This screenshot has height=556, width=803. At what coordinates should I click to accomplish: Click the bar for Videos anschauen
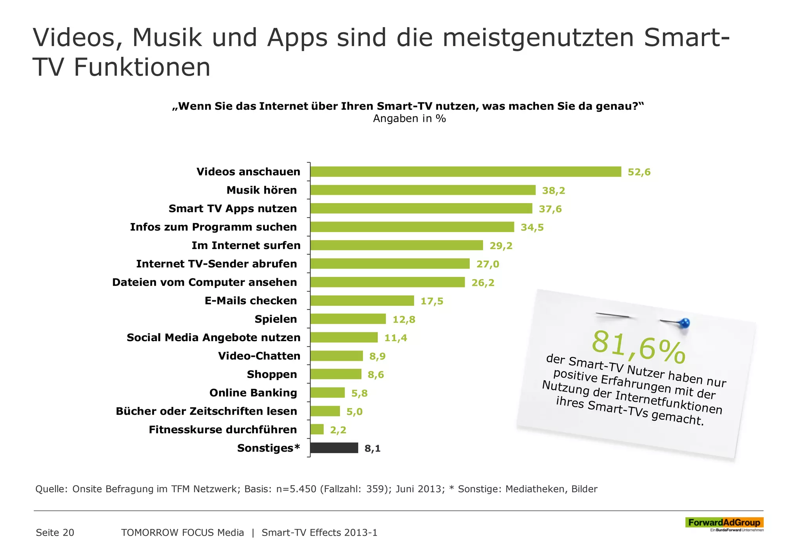(465, 172)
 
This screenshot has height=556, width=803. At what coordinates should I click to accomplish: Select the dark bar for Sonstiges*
(334, 448)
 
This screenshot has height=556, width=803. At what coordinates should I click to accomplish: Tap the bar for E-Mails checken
(362, 301)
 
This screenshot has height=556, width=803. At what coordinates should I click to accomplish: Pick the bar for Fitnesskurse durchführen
(317, 429)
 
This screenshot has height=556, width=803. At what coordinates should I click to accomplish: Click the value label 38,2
(553, 191)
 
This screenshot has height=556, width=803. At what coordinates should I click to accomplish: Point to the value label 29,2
(501, 246)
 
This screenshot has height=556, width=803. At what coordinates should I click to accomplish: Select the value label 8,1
(372, 448)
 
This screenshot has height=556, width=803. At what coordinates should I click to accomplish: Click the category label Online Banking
(253, 393)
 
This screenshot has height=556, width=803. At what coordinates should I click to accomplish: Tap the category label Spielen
(276, 319)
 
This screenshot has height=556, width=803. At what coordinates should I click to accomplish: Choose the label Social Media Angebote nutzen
(213, 338)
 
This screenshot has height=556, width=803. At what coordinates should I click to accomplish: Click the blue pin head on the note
(685, 323)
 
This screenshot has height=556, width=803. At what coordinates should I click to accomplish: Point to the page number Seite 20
(55, 532)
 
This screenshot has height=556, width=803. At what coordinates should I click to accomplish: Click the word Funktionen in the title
(142, 67)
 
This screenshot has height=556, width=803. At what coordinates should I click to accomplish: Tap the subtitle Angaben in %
(409, 119)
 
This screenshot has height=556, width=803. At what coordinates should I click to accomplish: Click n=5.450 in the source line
(296, 489)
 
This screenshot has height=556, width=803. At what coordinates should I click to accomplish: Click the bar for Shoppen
(336, 374)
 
